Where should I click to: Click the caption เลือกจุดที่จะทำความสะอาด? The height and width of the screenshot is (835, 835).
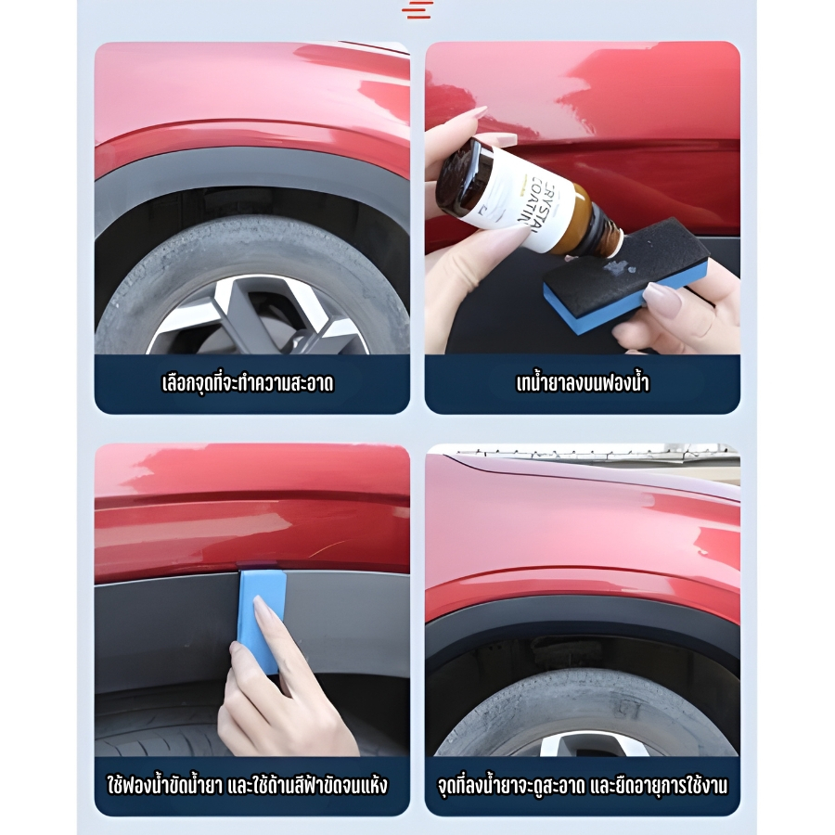(248, 383)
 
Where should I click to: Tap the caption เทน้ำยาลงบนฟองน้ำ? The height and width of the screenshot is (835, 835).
(582, 383)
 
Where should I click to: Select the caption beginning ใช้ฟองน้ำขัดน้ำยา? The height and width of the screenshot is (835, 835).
(248, 786)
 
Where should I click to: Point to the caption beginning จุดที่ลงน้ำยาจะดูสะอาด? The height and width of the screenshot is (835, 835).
(582, 786)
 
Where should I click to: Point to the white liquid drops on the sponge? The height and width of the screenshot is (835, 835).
(618, 273)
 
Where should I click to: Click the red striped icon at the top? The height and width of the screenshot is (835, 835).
(417, 9)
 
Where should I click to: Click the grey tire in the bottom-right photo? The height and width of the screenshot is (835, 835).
(585, 708)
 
